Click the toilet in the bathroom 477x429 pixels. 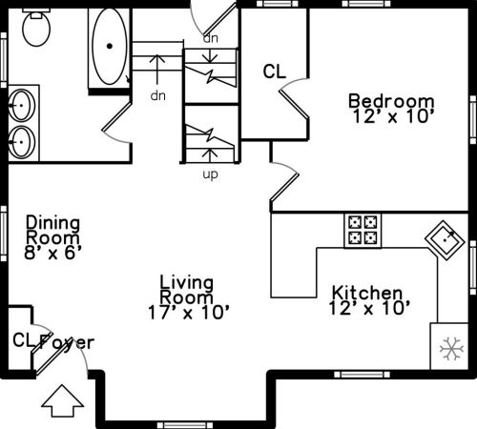tap(36, 28)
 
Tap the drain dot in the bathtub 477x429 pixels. tap(110, 46)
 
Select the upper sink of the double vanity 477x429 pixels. tap(22, 105)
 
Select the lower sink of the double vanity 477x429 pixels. tap(22, 142)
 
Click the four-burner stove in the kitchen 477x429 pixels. tap(363, 230)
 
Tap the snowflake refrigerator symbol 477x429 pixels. tap(451, 349)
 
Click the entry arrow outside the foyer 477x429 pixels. tap(62, 401)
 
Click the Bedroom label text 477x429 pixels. tap(391, 101)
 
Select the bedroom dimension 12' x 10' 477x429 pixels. tap(394, 116)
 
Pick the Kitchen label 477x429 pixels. tap(367, 293)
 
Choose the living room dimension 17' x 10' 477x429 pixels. tap(189, 313)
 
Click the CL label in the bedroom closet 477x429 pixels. tap(275, 71)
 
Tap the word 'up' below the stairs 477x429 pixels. tap(211, 174)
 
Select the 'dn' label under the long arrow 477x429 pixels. tap(158, 95)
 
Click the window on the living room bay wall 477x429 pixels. tap(185, 425)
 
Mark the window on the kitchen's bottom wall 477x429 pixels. tap(362, 375)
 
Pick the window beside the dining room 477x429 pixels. tap(4, 234)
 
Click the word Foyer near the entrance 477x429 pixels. tap(67, 342)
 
